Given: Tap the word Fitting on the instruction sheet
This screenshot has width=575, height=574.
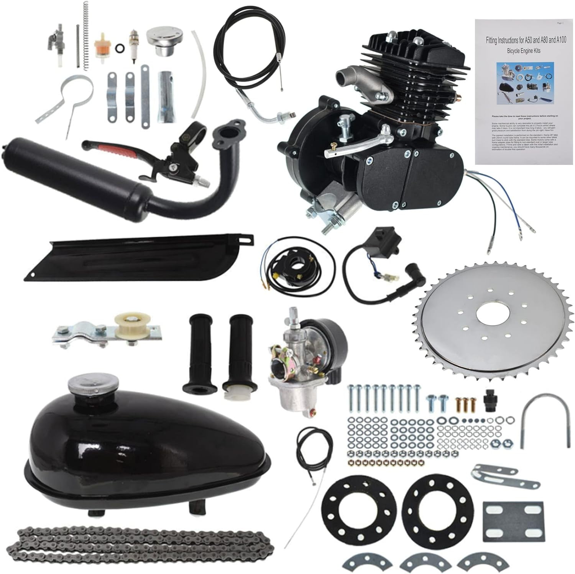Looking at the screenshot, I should pos(495,40).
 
